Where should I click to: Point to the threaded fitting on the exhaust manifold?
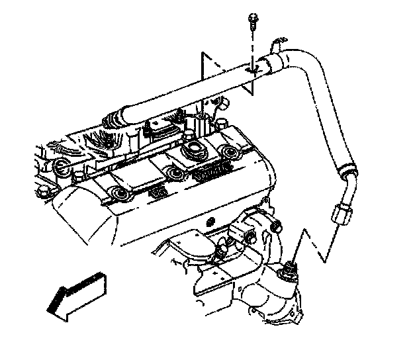point(289,272)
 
